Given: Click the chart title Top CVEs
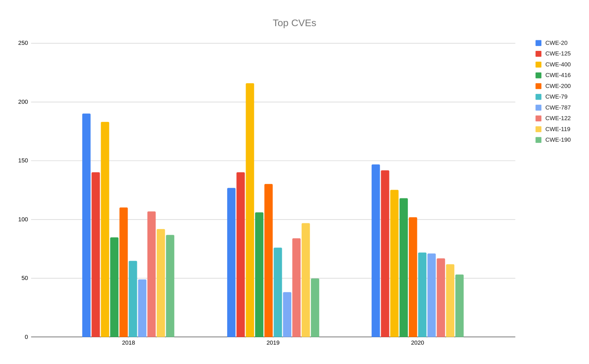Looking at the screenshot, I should tap(294, 23).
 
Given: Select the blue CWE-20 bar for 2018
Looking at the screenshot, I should tap(86, 225).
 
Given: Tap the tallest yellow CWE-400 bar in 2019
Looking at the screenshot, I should tap(250, 210).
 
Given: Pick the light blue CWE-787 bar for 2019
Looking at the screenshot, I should tap(287, 314).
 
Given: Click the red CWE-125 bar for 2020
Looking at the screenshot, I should tap(385, 253).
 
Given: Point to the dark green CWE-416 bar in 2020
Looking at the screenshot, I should tap(403, 267).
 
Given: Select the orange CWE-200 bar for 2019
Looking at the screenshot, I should tap(268, 260).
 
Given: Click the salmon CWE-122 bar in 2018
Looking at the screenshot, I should tap(151, 274).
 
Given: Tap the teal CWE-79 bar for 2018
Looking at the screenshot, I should tap(133, 299).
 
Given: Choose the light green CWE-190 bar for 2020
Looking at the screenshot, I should tap(459, 306).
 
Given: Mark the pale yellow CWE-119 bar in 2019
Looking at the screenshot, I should tap(306, 280).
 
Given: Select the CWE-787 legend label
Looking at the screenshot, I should tap(557, 107).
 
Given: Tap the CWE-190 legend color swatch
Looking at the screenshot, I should tap(538, 140).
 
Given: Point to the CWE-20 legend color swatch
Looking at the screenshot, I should tap(538, 43).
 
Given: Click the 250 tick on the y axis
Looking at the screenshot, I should tap(23, 43).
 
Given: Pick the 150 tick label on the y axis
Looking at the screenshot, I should tap(23, 161).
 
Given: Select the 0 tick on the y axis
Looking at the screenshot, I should tap(26, 337).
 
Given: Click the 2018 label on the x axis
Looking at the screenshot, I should tap(128, 343).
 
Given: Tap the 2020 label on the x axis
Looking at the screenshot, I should tap(417, 343).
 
